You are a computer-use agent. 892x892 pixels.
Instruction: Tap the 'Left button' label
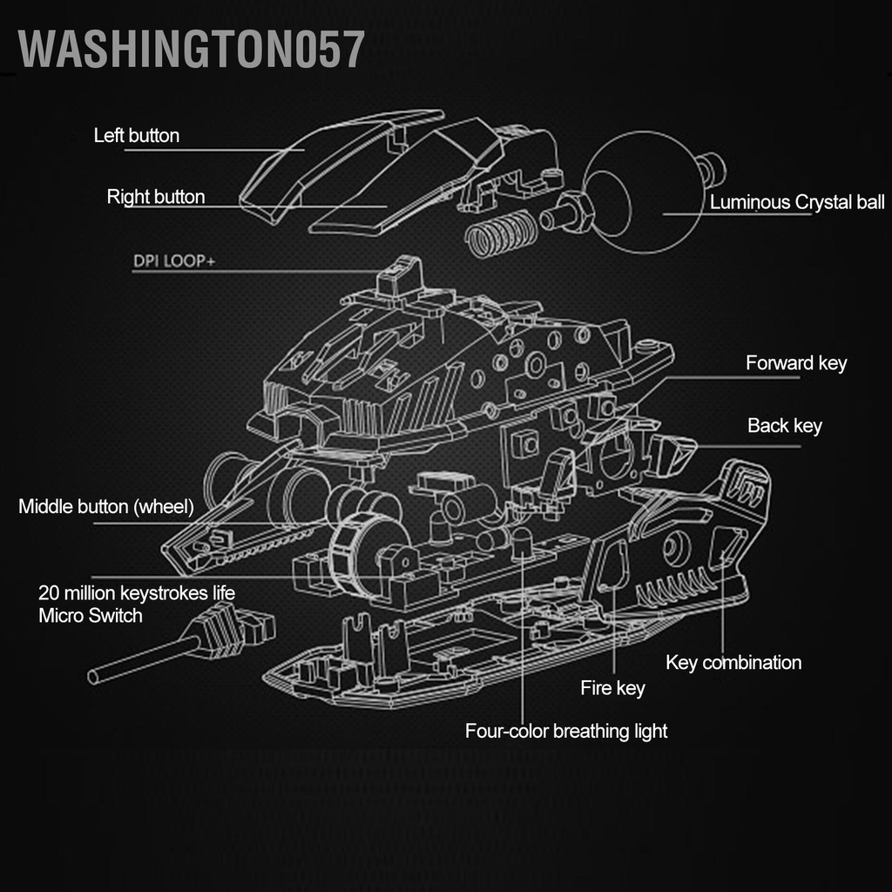pos(137,136)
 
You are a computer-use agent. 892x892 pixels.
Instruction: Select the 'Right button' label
pos(156,197)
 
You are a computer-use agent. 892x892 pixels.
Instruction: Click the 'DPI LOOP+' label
pos(173,260)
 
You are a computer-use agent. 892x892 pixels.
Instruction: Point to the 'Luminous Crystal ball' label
pos(796,203)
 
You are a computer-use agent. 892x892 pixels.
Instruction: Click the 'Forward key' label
pos(795,363)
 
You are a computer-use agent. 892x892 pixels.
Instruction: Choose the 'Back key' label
pos(784,426)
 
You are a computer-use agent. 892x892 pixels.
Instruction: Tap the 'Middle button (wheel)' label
pos(106,506)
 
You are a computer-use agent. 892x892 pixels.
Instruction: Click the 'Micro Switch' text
pos(91,616)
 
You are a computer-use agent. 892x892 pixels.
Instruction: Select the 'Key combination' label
pos(733,663)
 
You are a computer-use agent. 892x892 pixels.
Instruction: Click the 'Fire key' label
pos(612,689)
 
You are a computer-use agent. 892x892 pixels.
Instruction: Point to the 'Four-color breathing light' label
pos(566,731)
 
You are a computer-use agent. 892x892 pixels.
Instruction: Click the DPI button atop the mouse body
pos(399,277)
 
